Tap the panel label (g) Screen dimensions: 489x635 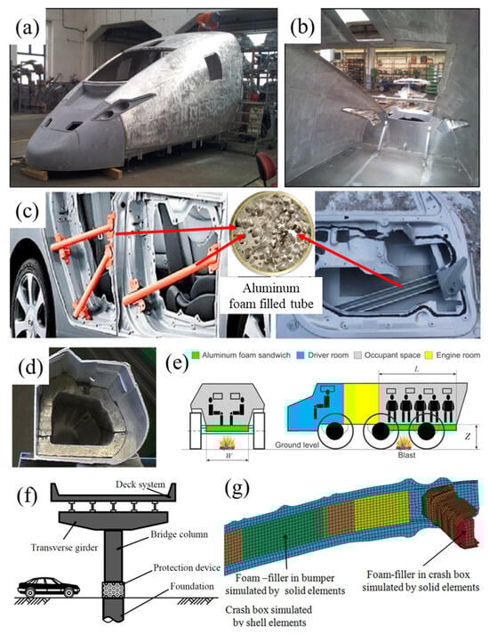[x=236, y=488]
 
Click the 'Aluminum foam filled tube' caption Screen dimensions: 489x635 [x=271, y=296]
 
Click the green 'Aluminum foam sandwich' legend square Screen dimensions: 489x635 [x=196, y=355]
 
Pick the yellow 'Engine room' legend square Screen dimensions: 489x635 [x=429, y=355]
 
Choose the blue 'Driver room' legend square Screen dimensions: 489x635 [x=301, y=355]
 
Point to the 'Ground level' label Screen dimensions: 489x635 [x=297, y=444]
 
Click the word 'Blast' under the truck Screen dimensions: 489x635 [x=406, y=455]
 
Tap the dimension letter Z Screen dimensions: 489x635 [x=467, y=436]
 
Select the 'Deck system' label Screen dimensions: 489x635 [x=140, y=484]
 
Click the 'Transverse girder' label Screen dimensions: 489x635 [x=64, y=548]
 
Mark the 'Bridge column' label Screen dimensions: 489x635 [x=179, y=534]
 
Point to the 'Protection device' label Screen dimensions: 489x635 [x=187, y=567]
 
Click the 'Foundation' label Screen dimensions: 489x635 [x=192, y=586]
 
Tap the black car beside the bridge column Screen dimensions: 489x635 [x=49, y=587]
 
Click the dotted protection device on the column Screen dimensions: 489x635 [x=112, y=590]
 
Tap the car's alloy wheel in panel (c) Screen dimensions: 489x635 [x=29, y=300]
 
